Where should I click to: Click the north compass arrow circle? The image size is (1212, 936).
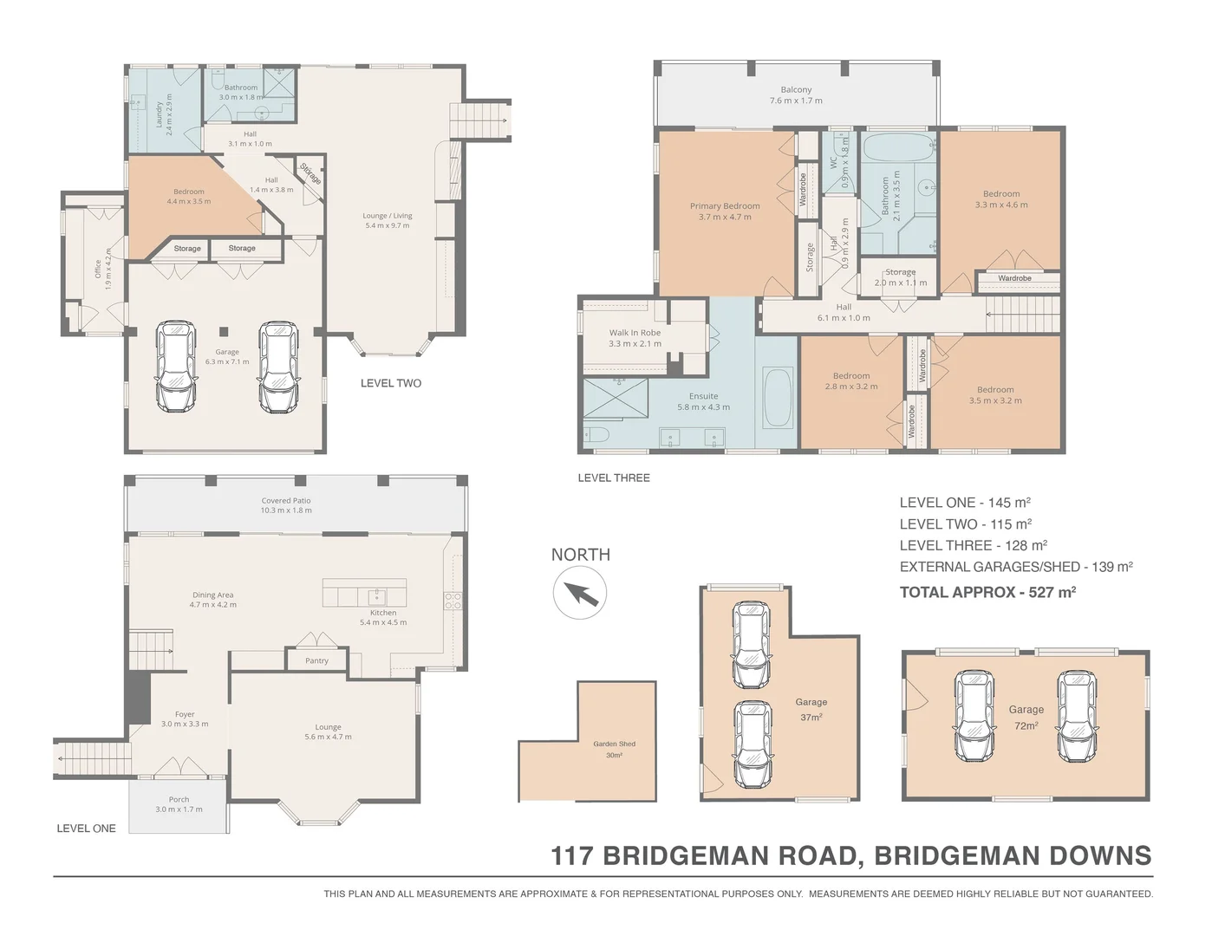[x=580, y=594]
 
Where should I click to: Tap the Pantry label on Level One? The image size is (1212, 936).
[x=316, y=660]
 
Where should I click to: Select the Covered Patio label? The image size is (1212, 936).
[x=286, y=501]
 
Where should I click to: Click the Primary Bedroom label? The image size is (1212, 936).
[x=725, y=206]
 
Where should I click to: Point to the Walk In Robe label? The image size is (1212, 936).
[x=635, y=333]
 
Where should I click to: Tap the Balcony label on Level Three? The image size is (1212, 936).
[x=796, y=90]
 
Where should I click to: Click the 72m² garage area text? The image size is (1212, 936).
[x=1026, y=725]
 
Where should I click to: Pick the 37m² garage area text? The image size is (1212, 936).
[x=811, y=718]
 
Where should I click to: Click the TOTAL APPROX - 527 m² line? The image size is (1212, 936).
[x=987, y=593]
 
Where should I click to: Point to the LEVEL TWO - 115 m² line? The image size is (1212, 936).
[x=965, y=524]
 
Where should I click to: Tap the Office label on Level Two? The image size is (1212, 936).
[x=98, y=269]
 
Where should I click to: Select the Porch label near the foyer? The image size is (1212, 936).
[x=179, y=800]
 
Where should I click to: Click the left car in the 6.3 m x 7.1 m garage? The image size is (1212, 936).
[x=176, y=367]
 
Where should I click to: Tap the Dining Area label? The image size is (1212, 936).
[x=212, y=595]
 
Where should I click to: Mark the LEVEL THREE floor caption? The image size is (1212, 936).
[x=614, y=478]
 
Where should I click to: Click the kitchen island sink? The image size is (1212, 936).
[x=377, y=595]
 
